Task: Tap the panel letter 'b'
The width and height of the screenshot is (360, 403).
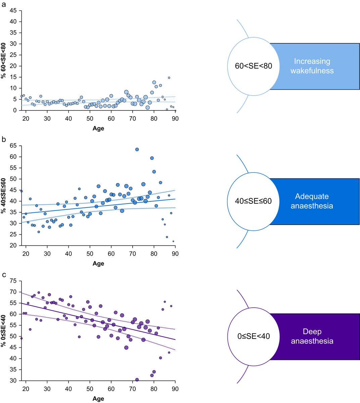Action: tap(4, 138)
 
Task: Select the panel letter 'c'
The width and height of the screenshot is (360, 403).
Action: tap(4, 274)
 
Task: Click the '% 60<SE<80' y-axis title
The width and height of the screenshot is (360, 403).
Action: tap(4, 60)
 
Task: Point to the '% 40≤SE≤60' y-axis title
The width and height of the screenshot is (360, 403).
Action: tap(4, 196)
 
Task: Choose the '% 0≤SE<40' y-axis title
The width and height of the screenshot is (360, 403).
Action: tap(4, 331)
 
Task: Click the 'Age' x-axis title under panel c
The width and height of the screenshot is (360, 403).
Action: tap(98, 399)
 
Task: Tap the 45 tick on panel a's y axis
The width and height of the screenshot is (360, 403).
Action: tap(14, 10)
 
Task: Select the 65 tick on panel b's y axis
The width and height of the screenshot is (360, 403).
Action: tap(14, 146)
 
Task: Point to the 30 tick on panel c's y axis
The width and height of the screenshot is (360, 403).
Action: tap(14, 380)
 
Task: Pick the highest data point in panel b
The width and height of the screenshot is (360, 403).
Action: tap(137, 149)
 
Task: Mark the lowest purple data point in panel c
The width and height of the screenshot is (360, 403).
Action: tap(137, 379)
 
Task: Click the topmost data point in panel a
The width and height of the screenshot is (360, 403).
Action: tap(169, 78)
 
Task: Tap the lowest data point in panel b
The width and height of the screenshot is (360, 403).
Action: tap(173, 241)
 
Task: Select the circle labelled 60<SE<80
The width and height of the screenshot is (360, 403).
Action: tap(254, 66)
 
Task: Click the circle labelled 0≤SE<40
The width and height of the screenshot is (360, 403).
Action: tap(254, 336)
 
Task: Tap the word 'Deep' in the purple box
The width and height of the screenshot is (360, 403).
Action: tap(312, 332)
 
